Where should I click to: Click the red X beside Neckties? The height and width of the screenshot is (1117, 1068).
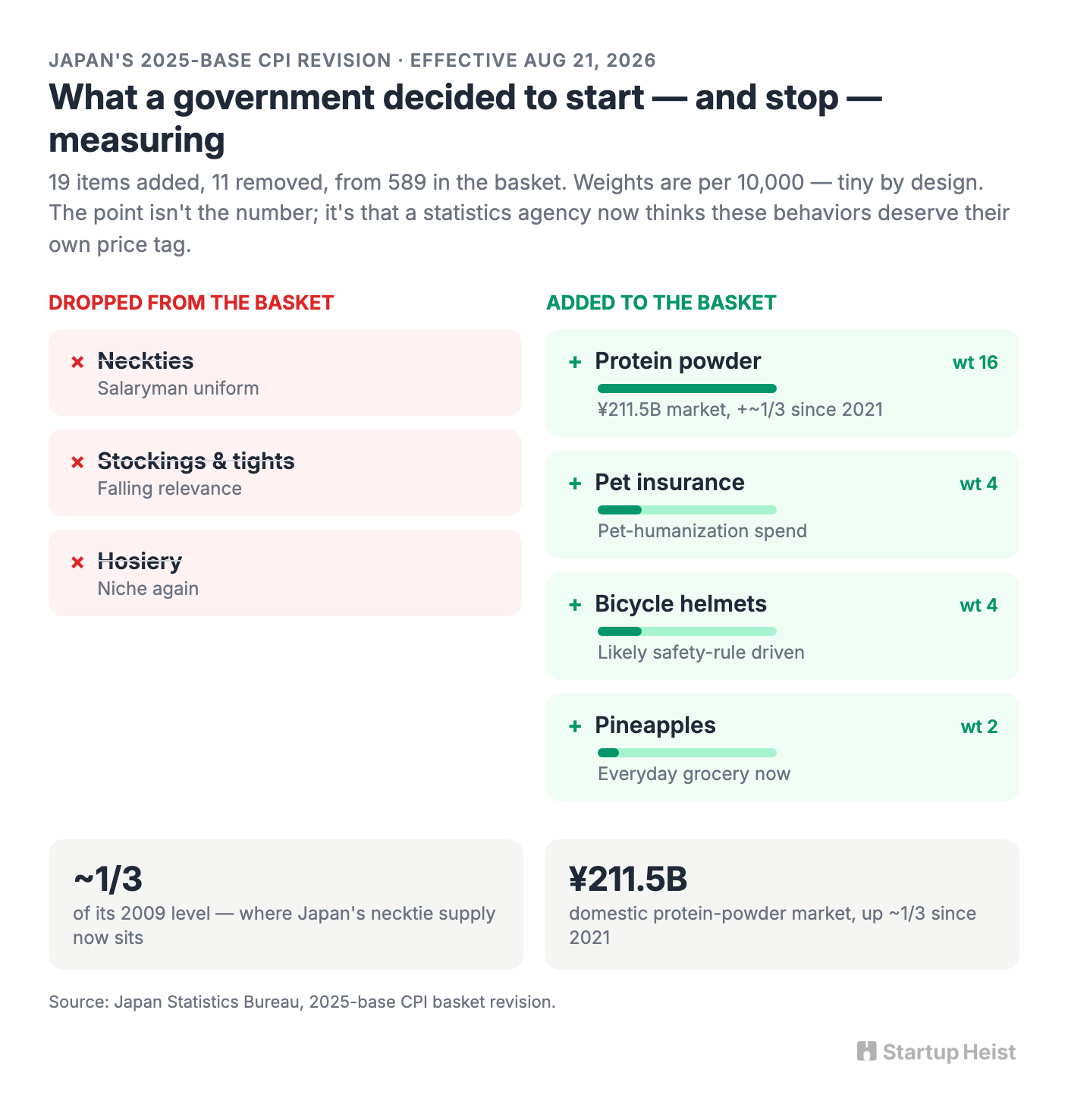point(77,362)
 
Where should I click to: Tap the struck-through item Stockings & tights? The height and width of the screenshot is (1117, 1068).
point(196,461)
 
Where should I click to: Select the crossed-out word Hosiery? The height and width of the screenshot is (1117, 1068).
point(140,562)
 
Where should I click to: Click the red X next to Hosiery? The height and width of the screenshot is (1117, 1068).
point(77,562)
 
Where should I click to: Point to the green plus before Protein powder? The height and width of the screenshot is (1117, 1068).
point(575,362)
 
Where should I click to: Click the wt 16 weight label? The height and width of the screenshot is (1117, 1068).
point(975,363)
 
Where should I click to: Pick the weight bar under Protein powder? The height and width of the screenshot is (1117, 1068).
point(687,389)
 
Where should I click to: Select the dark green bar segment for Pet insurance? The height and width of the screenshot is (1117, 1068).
point(620,510)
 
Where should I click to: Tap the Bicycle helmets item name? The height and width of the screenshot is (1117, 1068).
point(680,604)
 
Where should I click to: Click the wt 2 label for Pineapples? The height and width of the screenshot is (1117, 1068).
point(979,727)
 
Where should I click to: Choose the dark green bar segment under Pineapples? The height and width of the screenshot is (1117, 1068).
point(608,753)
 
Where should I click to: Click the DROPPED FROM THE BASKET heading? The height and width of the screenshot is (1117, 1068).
point(191,303)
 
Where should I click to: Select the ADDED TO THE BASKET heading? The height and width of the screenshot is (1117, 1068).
point(661,303)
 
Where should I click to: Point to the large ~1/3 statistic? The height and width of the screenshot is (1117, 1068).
point(108,879)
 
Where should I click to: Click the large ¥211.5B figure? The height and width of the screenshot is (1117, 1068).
point(628,879)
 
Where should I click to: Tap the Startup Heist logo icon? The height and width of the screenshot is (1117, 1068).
point(866,1052)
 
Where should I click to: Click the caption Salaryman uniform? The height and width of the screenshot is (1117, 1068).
point(178,389)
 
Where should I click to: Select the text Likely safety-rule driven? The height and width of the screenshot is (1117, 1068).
point(701,653)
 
